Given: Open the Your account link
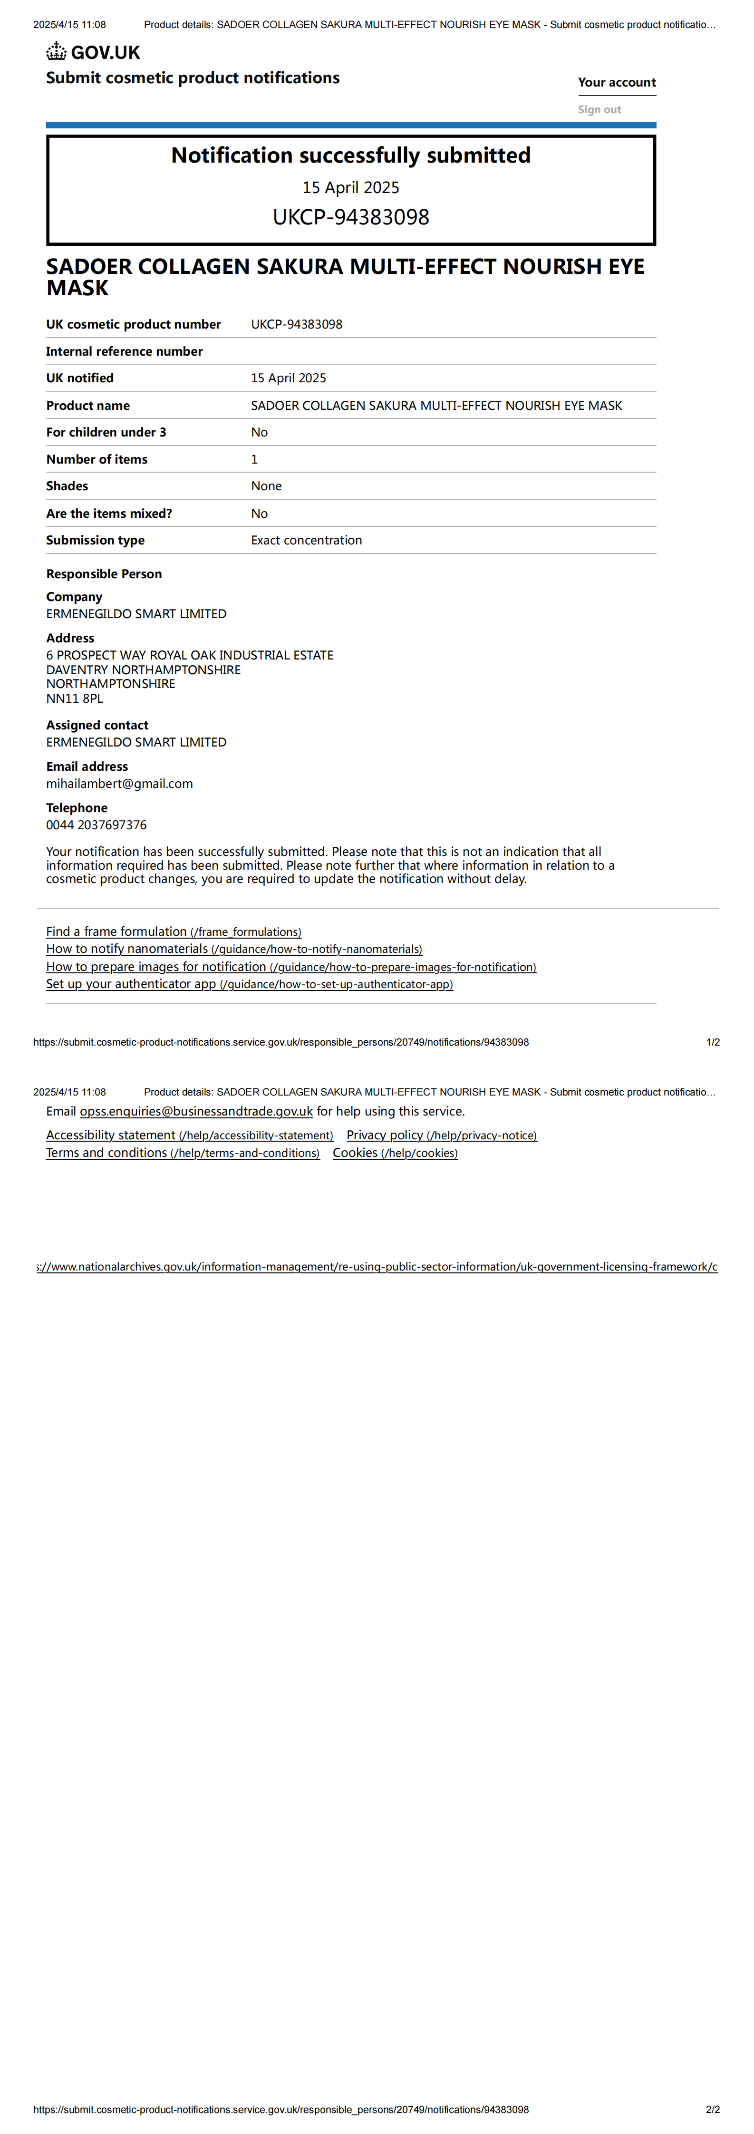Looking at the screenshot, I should (x=617, y=82).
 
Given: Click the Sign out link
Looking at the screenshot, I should (x=599, y=109).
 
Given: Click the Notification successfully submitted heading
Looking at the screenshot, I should (x=350, y=156).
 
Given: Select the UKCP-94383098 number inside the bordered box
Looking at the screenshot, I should (x=350, y=217).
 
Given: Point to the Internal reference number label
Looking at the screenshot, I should (x=124, y=351).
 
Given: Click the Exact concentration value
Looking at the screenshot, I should (x=307, y=540).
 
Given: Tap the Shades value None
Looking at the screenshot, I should (x=266, y=486).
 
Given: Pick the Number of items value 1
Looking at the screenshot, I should (x=254, y=459).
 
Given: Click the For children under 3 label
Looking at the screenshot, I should (x=106, y=432).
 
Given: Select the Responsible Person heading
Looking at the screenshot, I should (x=104, y=574).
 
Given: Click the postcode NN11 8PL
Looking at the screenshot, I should (x=75, y=698).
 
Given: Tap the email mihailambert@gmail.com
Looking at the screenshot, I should (x=119, y=784).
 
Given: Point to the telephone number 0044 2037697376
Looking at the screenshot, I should (x=96, y=825).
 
